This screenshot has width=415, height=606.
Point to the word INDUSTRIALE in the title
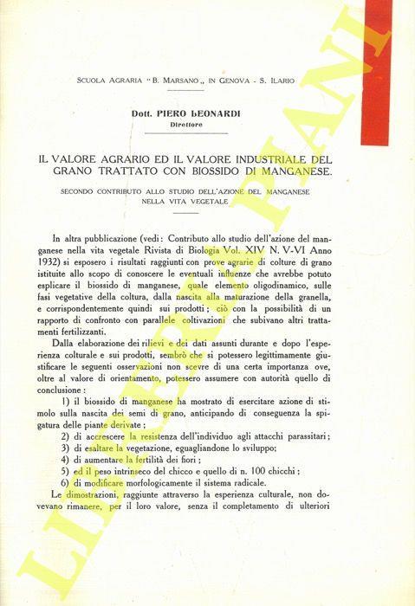click(x=245, y=158)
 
